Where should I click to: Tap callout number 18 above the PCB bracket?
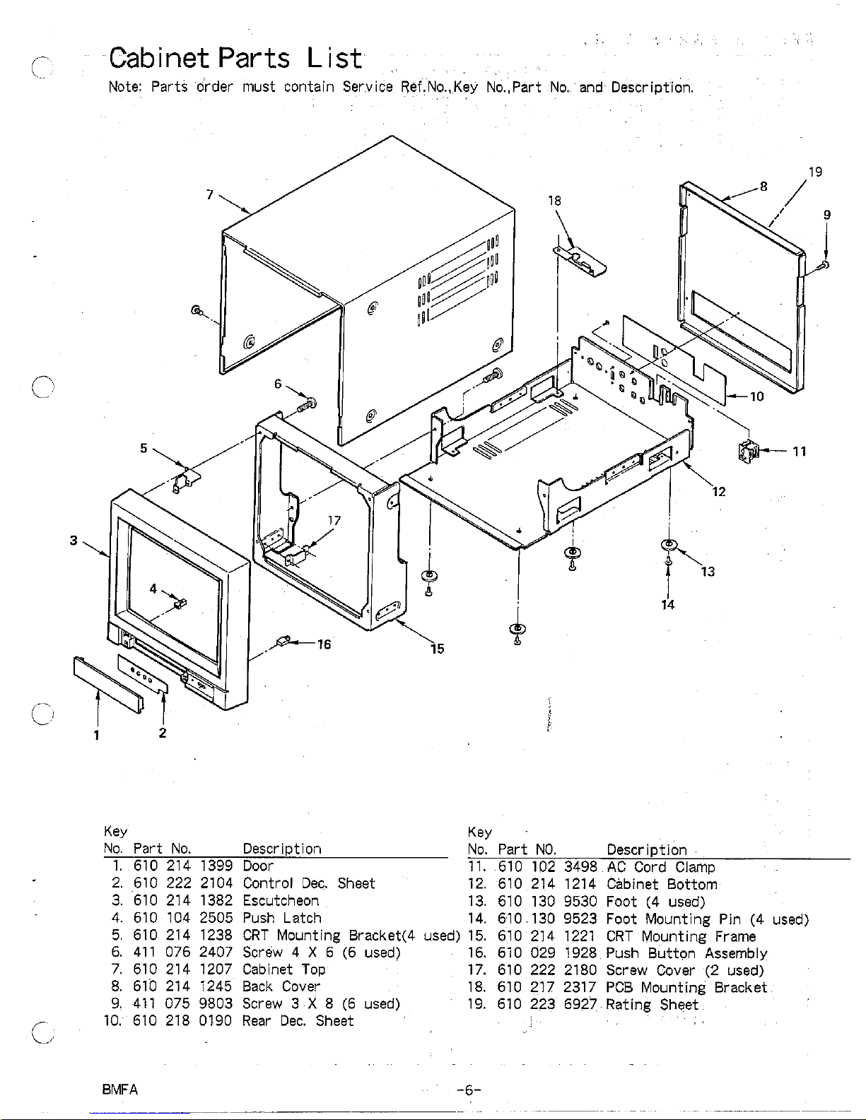(x=555, y=201)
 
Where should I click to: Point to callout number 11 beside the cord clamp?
(x=800, y=452)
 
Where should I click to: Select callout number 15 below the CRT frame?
(x=438, y=648)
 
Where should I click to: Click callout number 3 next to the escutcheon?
(x=74, y=541)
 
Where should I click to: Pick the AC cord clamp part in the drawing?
(x=747, y=449)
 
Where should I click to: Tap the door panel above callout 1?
(x=108, y=680)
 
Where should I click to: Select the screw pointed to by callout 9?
(x=824, y=265)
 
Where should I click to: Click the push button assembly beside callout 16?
(x=284, y=642)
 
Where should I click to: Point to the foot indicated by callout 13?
(x=669, y=543)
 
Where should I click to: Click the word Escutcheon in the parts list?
(x=281, y=901)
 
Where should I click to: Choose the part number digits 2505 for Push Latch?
(x=216, y=918)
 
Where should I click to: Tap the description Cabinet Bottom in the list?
(x=662, y=884)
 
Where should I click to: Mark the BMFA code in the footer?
(x=120, y=1089)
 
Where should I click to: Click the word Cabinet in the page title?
(x=160, y=57)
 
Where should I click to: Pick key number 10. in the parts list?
(x=113, y=1020)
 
